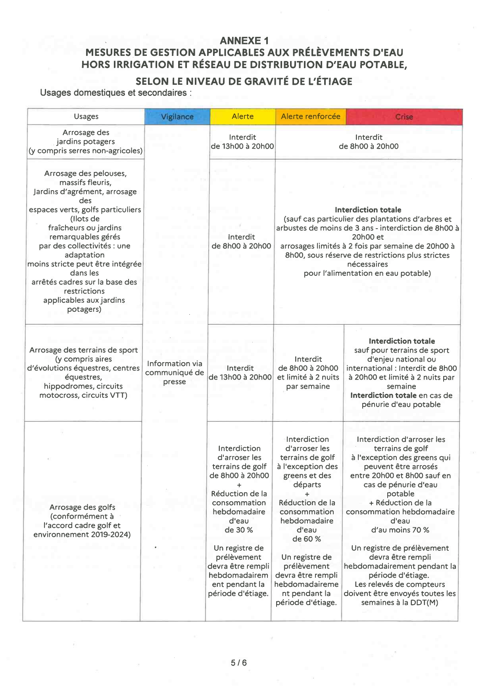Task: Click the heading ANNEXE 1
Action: coord(244,40)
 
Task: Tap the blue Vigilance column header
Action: coord(177,117)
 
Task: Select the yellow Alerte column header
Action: coord(242,116)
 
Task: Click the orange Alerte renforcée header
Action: coord(310,116)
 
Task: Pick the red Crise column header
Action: coord(404,117)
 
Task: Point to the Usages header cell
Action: coord(86,116)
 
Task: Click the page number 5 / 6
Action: coord(239,663)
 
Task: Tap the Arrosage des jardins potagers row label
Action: coord(85,141)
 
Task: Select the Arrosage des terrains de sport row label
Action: coord(83,372)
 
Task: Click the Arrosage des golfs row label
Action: coord(82,521)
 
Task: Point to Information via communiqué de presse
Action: coord(175,372)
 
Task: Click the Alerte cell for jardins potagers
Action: coord(242,142)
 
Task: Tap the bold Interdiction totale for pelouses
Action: coord(368,210)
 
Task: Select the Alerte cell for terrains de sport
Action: coord(240,372)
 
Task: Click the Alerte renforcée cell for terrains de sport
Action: coord(308,372)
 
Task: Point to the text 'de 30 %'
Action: coord(238,530)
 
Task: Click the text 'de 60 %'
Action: coord(307,539)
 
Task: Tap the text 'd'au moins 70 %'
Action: coord(400,530)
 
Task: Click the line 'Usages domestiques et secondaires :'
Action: coord(116,93)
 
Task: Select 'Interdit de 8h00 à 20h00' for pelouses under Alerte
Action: coord(241,241)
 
